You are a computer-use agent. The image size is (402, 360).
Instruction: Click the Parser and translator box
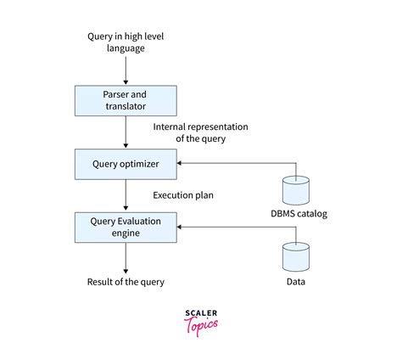(126, 101)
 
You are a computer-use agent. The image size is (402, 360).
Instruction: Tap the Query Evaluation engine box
(126, 227)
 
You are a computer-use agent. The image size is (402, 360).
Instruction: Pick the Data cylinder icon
(295, 254)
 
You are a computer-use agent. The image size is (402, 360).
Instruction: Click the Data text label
(295, 281)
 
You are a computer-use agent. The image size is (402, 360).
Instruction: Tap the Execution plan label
(183, 195)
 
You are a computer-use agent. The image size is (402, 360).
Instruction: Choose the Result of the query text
(126, 281)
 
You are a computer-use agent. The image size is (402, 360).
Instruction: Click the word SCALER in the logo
(200, 313)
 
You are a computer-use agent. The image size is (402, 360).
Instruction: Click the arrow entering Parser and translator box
(126, 71)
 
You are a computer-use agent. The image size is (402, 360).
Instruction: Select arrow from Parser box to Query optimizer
(126, 132)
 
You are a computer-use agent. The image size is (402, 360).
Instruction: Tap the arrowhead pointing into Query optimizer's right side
(181, 163)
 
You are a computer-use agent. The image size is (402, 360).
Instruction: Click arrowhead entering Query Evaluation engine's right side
(181, 227)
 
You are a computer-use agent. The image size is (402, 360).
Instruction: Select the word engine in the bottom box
(126, 233)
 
